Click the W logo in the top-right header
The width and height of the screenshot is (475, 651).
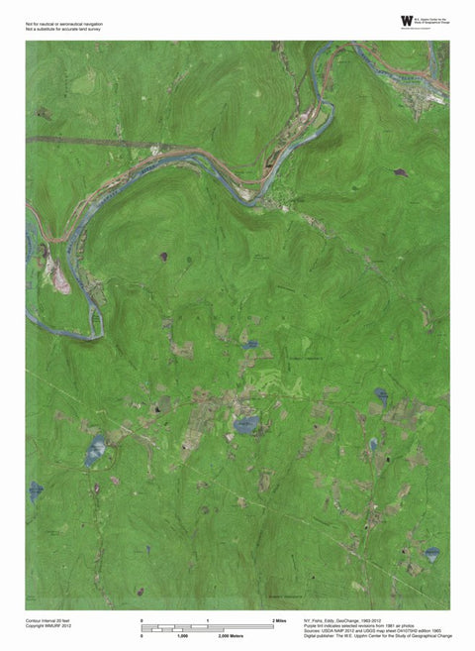point(407,21)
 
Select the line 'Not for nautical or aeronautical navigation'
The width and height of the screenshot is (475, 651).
point(64,23)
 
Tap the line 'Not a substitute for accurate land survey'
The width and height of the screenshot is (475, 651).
point(63,30)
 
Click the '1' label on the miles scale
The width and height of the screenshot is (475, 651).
point(208,619)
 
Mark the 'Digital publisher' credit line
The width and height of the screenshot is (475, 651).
point(368,635)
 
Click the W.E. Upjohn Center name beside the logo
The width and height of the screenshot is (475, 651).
point(434,19)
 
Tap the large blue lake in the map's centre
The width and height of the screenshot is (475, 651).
point(245,424)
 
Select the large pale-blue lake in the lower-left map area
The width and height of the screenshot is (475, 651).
point(95,451)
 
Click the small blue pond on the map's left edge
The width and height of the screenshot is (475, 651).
point(35,490)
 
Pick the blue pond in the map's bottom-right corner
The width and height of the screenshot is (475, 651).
point(431,553)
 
